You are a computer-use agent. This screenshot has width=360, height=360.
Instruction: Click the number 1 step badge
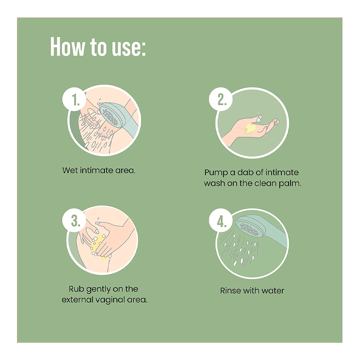tap(74, 99)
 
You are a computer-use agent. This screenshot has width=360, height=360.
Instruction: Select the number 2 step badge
tap(221, 99)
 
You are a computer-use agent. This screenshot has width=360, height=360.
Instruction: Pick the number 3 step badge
tap(74, 220)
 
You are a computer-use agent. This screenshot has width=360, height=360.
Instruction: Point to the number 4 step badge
tap(221, 220)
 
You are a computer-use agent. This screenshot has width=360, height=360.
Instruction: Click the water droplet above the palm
tap(259, 119)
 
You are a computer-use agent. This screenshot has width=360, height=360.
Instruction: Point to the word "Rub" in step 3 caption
tap(76, 289)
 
